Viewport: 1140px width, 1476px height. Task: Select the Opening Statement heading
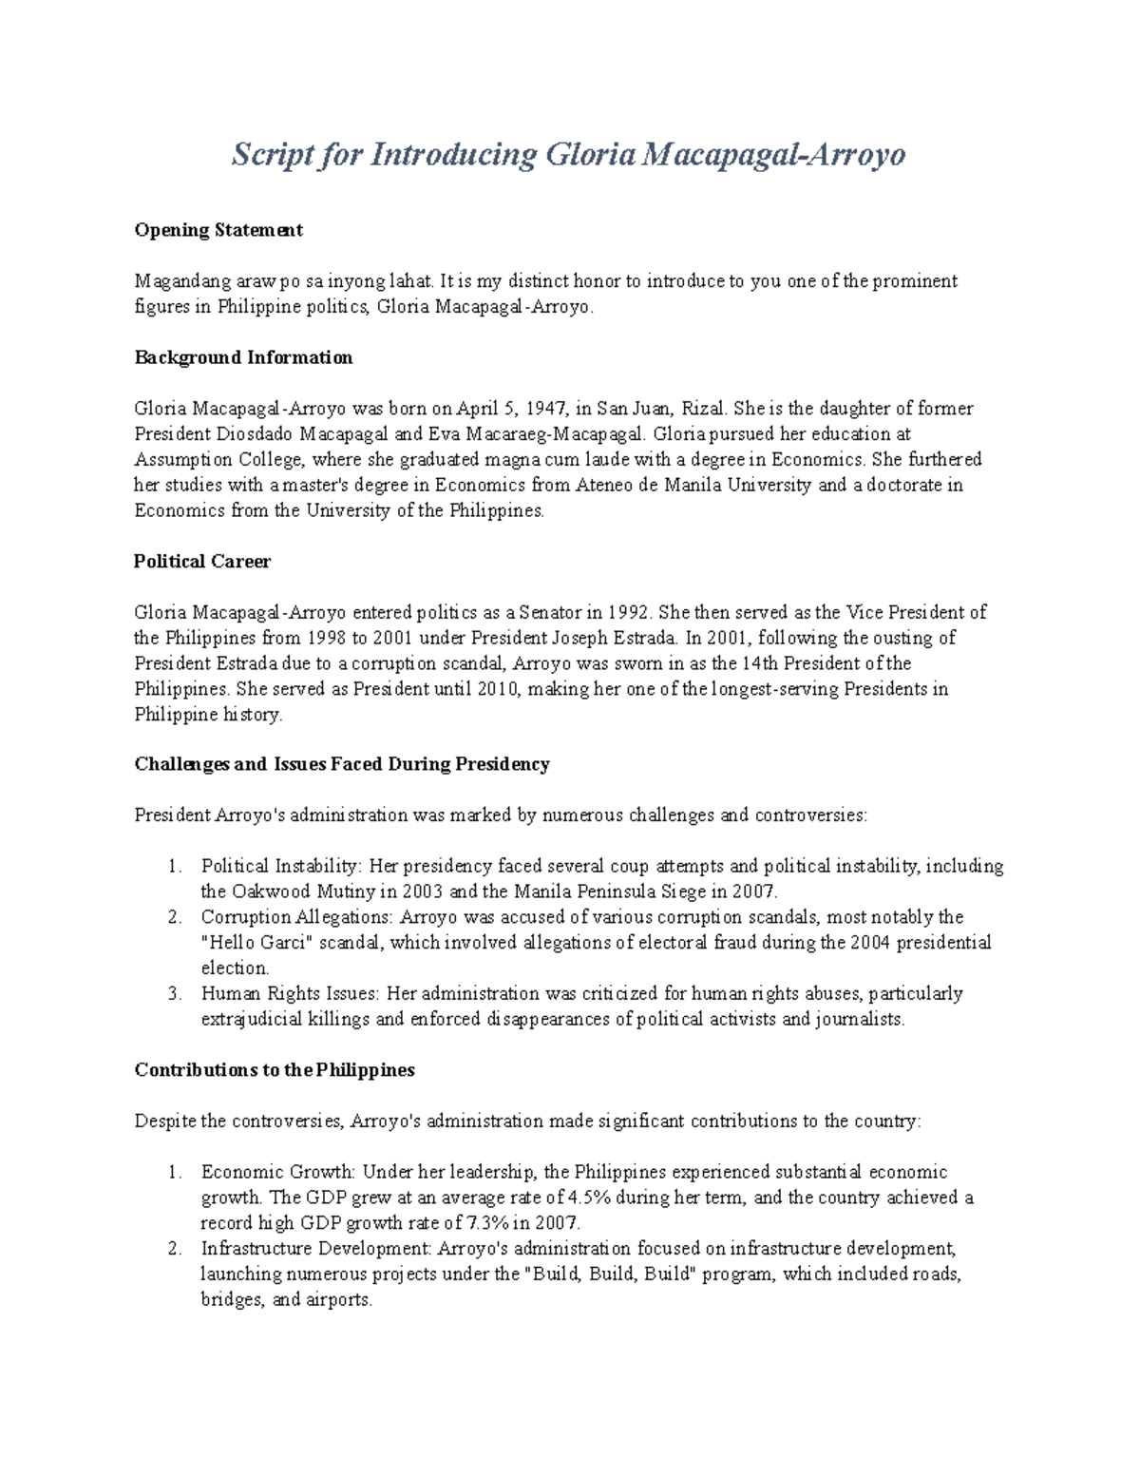pyautogui.click(x=218, y=230)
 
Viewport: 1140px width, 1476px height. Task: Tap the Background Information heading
pyautogui.click(x=243, y=357)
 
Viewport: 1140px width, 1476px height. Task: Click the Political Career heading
pyautogui.click(x=202, y=562)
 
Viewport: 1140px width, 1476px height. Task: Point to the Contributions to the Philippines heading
pyautogui.click(x=275, y=1070)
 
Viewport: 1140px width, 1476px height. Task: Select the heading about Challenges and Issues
pyautogui.click(x=342, y=764)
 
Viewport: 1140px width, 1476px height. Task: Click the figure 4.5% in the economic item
pyautogui.click(x=591, y=1198)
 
